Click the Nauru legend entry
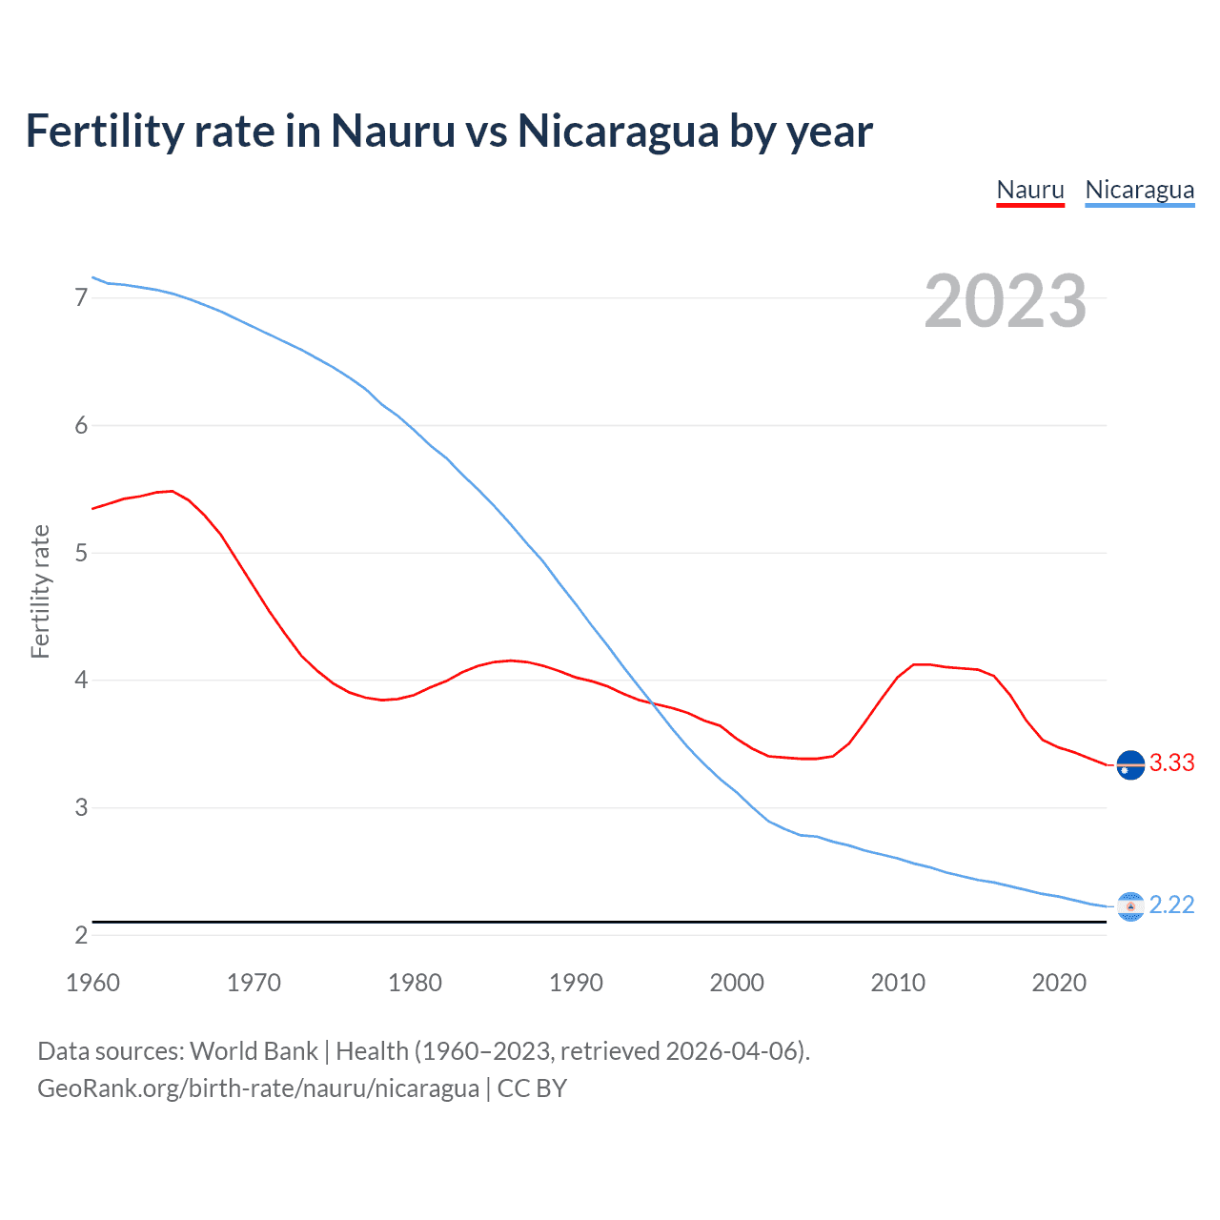(x=1029, y=190)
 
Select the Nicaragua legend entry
(x=1139, y=190)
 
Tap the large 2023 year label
(x=1005, y=301)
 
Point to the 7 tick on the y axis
(x=81, y=298)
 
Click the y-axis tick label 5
(x=81, y=553)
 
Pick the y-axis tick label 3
(x=81, y=807)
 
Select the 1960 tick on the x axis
(x=92, y=983)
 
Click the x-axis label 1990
(x=576, y=983)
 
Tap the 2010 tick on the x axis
(x=898, y=983)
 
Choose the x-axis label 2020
(x=1059, y=983)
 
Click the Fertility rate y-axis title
(x=40, y=591)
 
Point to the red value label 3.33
(x=1171, y=763)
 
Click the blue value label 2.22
(x=1171, y=905)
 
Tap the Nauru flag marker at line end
(x=1129, y=765)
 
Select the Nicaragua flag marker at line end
(x=1129, y=906)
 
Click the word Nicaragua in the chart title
(x=618, y=132)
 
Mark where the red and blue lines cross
(x=653, y=703)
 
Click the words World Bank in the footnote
(x=254, y=1051)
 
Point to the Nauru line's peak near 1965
(x=171, y=491)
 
